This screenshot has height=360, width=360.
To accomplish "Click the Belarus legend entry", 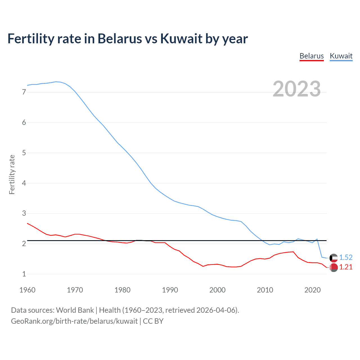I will tap(311, 56).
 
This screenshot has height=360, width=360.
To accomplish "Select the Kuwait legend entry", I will tap(341, 56).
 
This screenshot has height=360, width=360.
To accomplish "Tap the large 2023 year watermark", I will tap(296, 89).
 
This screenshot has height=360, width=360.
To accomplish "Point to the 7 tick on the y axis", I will tap(24, 92).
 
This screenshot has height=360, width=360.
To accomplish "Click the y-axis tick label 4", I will tap(24, 183).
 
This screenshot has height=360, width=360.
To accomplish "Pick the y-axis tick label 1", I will tap(24, 274).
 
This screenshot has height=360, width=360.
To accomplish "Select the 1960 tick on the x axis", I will tap(27, 290).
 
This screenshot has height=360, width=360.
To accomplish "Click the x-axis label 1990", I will tap(170, 290).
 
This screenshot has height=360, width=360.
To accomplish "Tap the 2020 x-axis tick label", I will tap(312, 290).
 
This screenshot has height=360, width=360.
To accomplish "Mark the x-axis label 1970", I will tap(75, 290).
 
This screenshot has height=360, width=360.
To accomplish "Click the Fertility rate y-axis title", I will tap(12, 174).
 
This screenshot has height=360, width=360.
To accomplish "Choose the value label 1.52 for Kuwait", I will tap(346, 257).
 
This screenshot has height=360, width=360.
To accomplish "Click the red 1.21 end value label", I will tap(346, 267).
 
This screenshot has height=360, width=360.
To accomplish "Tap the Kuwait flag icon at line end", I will tap(334, 258).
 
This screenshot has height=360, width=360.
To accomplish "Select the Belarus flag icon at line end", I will tap(334, 267).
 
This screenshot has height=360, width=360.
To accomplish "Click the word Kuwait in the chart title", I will tap(181, 39).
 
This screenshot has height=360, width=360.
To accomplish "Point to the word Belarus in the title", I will tap(120, 39).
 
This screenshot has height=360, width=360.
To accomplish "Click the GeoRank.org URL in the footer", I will tap(74, 321).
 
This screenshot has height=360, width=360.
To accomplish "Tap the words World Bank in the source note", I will tap(75, 310).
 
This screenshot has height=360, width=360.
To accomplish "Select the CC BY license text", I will tap(153, 321).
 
